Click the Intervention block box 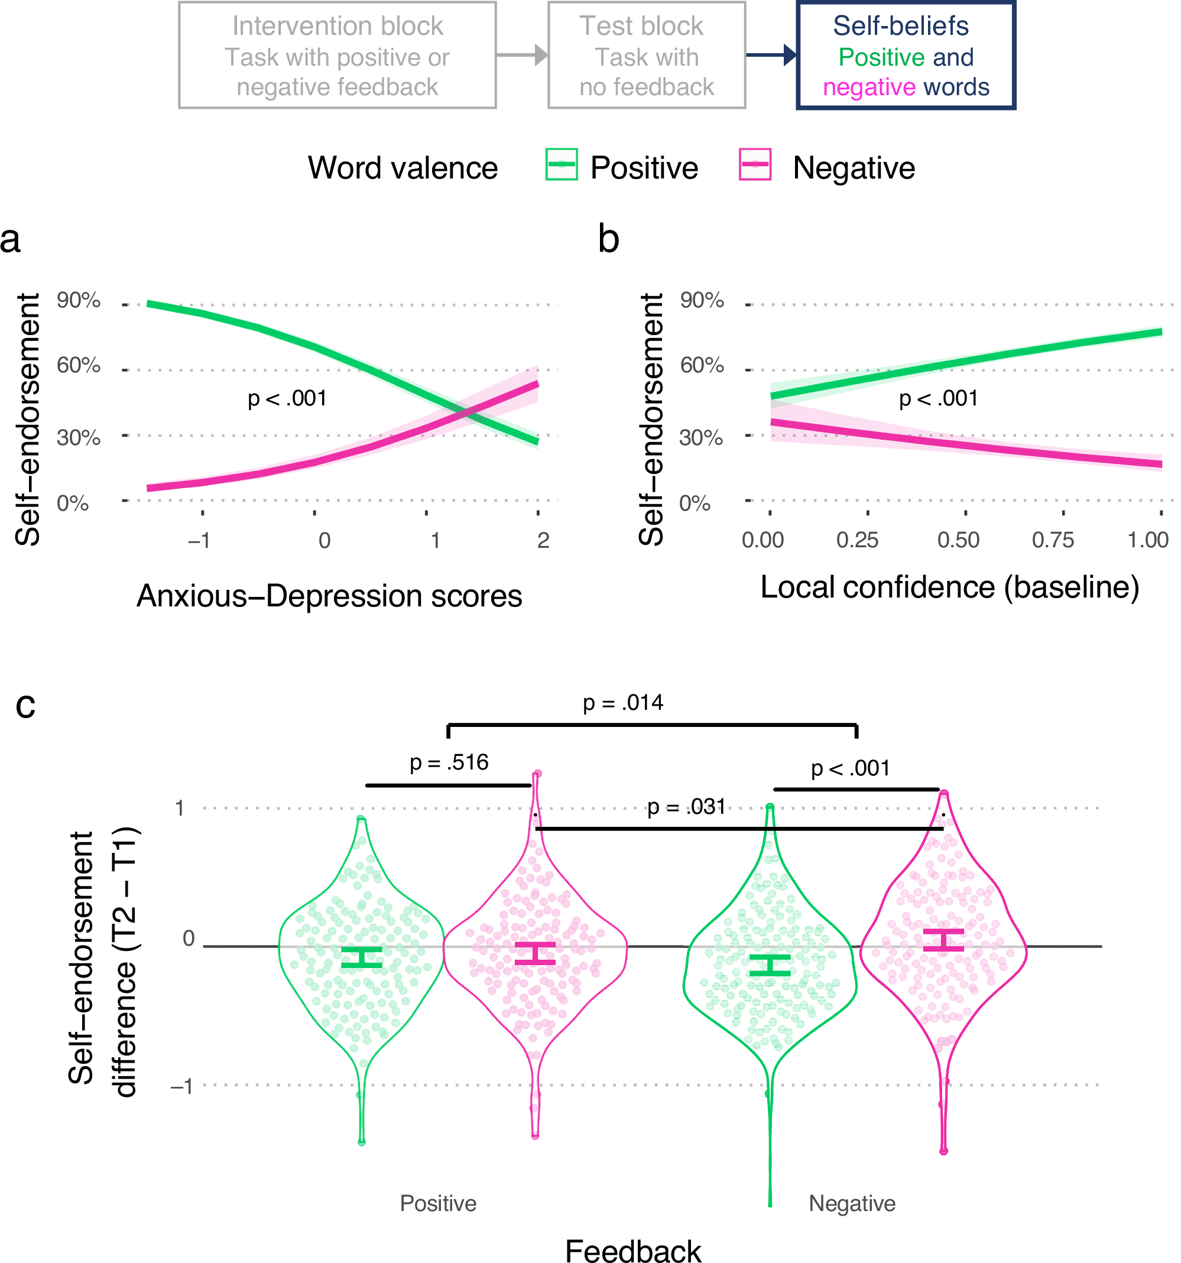(337, 56)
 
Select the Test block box (646, 56)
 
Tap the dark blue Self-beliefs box (906, 56)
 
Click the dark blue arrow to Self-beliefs (770, 56)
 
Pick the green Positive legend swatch (561, 164)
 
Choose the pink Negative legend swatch (755, 164)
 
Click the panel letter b (608, 239)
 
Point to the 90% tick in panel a (78, 300)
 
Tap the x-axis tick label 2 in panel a (543, 540)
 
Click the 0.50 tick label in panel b (958, 540)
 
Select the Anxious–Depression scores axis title (329, 596)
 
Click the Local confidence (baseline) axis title (949, 587)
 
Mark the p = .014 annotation (622, 703)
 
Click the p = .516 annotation (449, 762)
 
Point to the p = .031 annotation (686, 807)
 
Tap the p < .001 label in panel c (850, 768)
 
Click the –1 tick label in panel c (181, 1086)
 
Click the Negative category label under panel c (851, 1203)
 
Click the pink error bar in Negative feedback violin (943, 940)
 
